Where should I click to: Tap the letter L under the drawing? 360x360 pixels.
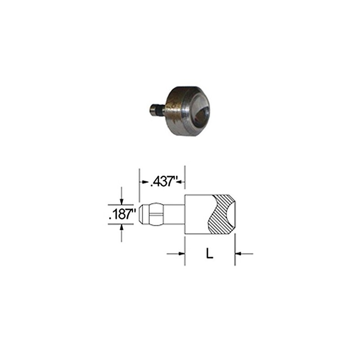click(x=209, y=254)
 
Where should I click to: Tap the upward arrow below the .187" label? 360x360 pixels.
click(x=121, y=227)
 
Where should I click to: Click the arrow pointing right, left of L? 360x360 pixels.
click(x=181, y=254)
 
